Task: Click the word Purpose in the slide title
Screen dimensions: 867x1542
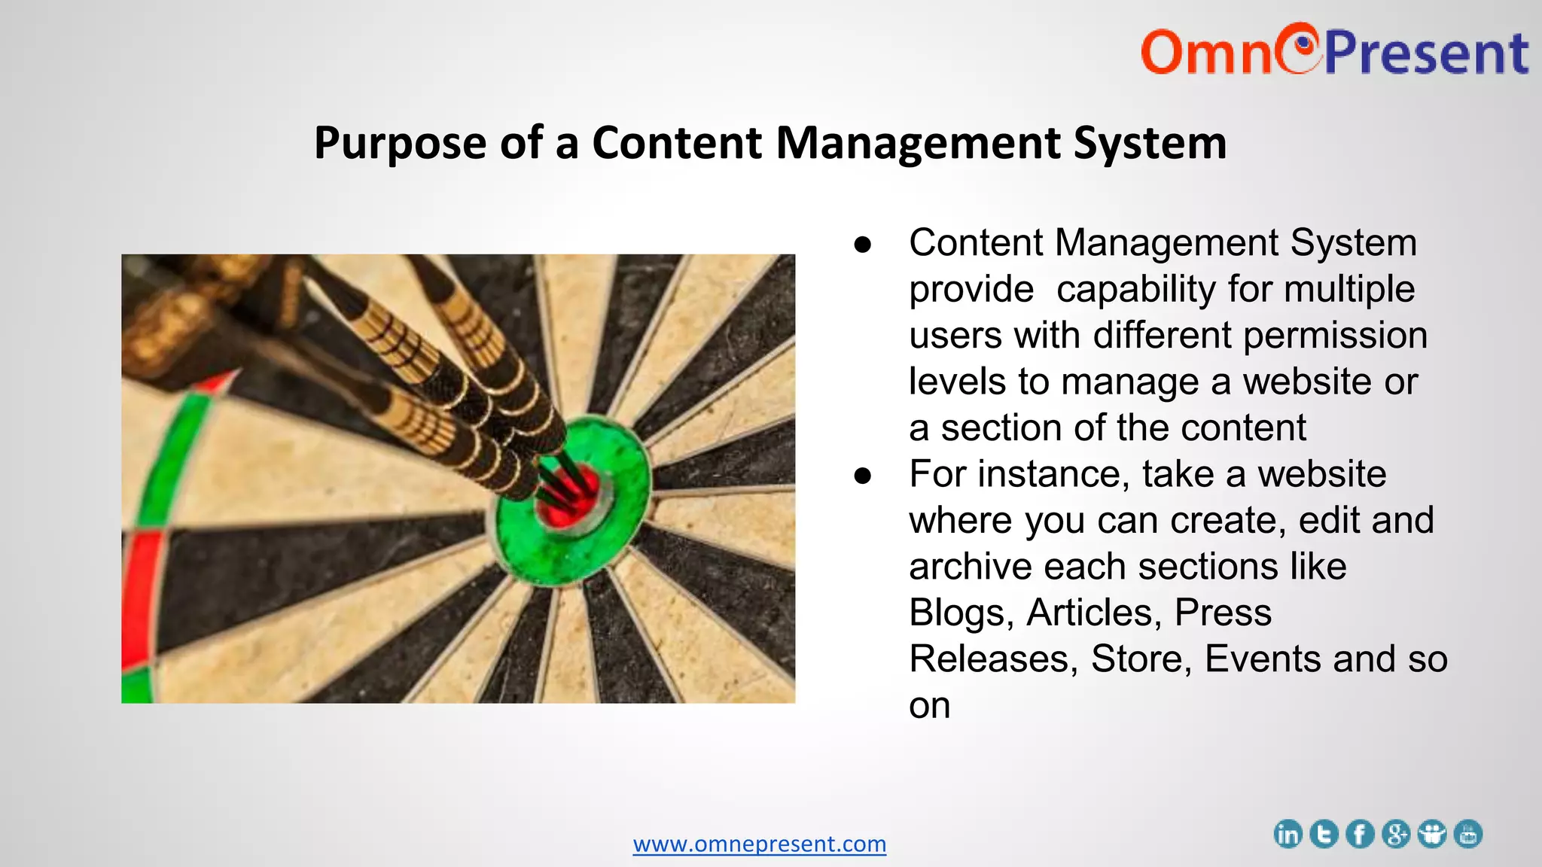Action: [400, 143]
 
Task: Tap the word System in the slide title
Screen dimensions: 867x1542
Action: [1150, 143]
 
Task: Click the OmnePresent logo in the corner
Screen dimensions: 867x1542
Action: [1333, 50]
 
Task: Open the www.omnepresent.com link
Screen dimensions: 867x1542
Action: [759, 844]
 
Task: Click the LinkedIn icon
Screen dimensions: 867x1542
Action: [1288, 835]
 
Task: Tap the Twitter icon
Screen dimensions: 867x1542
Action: [1324, 835]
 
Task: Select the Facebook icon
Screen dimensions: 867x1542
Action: [1360, 835]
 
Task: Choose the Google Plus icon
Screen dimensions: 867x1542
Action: [1396, 835]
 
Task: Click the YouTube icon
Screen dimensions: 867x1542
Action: [1468, 835]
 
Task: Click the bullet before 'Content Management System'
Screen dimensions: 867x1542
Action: [863, 245]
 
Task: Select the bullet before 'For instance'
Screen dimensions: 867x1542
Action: [863, 476]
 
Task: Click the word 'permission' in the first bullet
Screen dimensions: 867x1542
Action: [1335, 336]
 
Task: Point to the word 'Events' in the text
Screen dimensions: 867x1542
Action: [1262, 659]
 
